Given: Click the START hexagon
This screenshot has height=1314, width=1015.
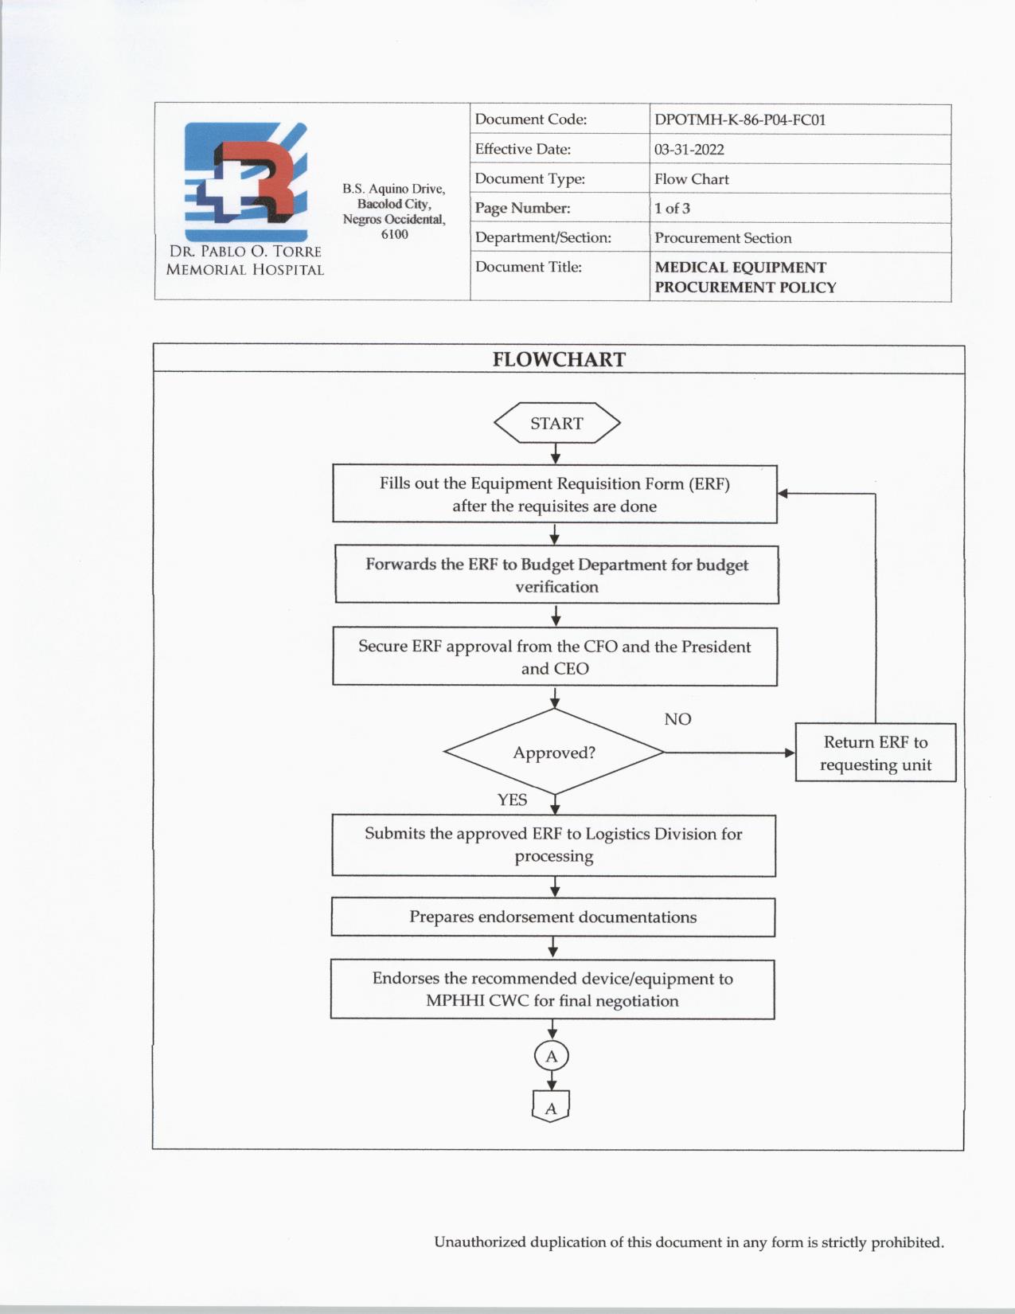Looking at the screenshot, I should click(556, 423).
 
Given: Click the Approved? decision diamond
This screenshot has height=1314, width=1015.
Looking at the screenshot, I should click(554, 753).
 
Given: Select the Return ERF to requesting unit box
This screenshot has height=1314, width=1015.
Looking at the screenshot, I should click(876, 753).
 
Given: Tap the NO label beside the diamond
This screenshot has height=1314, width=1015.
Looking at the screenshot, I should click(677, 719).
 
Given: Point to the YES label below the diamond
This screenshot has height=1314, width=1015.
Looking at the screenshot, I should click(512, 800).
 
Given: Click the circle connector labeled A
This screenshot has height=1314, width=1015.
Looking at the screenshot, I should click(552, 1057).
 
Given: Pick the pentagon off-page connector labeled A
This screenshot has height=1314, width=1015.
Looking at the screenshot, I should click(551, 1108).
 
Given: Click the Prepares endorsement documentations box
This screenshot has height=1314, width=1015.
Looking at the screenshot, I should click(553, 917).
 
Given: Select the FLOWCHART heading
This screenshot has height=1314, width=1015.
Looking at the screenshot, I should click(559, 359).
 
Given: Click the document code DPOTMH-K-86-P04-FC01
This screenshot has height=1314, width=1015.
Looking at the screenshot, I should click(740, 120).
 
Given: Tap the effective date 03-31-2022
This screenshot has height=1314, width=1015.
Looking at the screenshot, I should click(689, 150).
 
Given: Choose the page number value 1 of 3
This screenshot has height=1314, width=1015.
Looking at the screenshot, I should click(672, 209).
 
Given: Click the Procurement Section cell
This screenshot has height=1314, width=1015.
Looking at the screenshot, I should click(723, 238).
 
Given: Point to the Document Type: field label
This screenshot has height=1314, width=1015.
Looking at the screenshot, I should click(530, 179).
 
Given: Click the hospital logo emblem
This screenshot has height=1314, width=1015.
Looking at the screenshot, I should click(246, 182).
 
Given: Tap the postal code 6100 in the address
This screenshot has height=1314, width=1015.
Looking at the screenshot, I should click(394, 234).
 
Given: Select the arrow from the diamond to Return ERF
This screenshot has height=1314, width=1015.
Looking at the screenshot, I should click(728, 753).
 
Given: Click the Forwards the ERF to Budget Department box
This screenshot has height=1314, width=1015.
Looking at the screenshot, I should click(556, 575).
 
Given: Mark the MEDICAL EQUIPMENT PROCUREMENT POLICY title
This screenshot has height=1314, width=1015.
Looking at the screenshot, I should click(745, 277).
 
